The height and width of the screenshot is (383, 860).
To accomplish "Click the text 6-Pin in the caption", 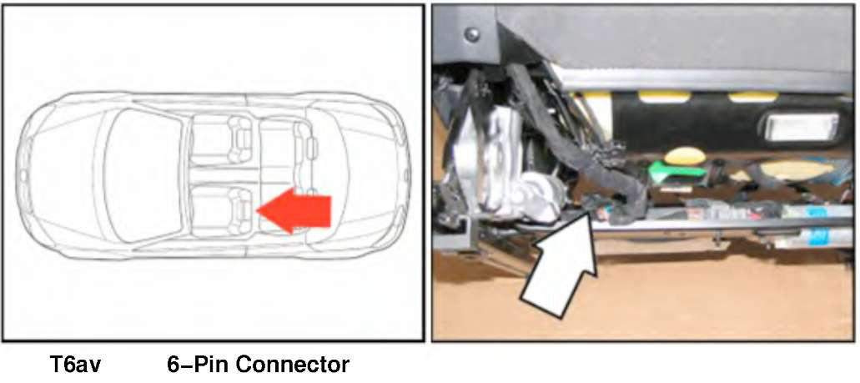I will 197,365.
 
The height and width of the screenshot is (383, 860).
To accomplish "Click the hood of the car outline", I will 63,175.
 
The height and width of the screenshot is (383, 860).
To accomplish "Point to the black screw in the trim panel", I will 472,34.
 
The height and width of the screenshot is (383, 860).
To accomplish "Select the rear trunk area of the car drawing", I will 367,175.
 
